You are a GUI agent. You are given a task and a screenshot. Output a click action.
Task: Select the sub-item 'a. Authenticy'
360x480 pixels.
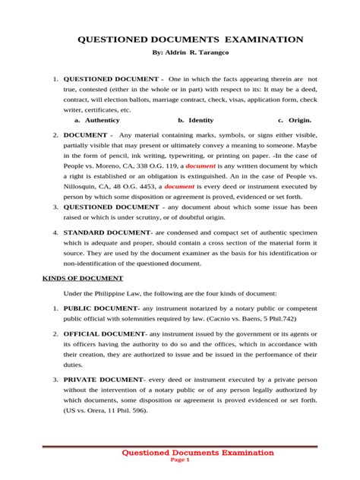[96, 120]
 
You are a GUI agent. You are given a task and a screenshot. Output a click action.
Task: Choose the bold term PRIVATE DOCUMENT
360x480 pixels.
[103, 379]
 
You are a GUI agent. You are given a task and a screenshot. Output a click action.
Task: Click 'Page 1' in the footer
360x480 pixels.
[180, 460]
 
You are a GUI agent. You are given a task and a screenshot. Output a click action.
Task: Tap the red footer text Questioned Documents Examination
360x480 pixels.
[198, 453]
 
